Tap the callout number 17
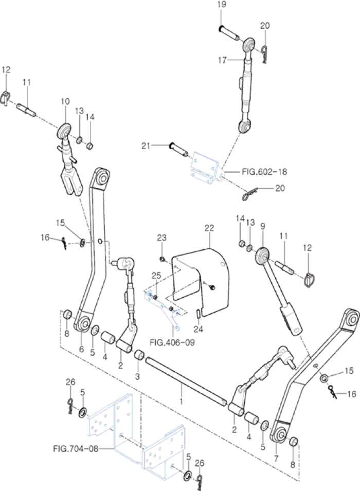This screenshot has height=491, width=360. pyautogui.click(x=222, y=60)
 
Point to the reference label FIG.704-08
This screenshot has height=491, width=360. pyautogui.click(x=76, y=448)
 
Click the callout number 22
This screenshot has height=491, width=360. pyautogui.click(x=210, y=227)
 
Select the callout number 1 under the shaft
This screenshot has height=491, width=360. pyautogui.click(x=181, y=399)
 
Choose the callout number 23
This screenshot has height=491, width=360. pyautogui.click(x=162, y=238)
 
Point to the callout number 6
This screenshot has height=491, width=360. pyautogui.click(x=81, y=349)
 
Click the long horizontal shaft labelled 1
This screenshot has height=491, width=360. pyautogui.click(x=185, y=380)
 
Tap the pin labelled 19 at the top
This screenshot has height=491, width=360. pyautogui.click(x=230, y=32)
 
